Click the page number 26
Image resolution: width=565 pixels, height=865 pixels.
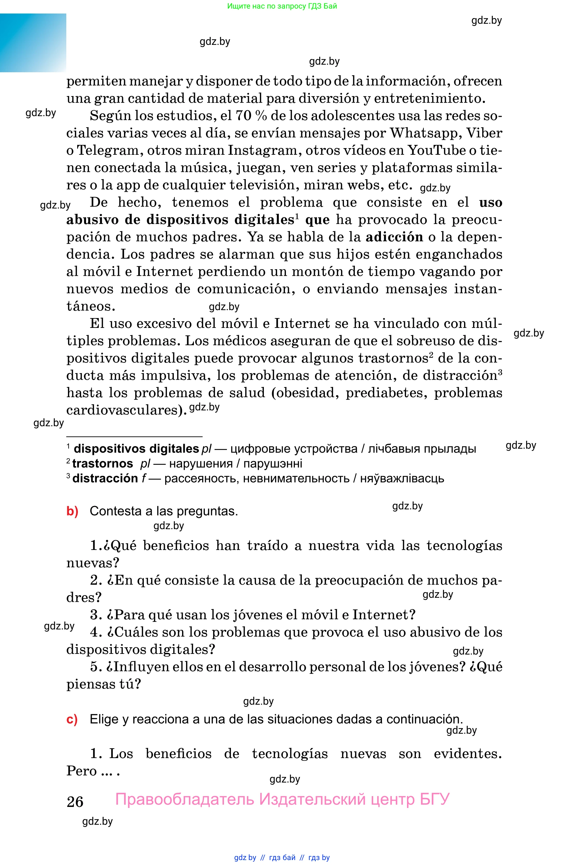[x=75, y=802]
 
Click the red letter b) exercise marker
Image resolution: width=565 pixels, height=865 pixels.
[x=72, y=511]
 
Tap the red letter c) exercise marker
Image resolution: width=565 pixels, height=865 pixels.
[x=72, y=719]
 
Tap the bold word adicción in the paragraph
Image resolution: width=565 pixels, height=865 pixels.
[x=394, y=237]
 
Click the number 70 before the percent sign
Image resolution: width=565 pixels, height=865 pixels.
[x=243, y=115]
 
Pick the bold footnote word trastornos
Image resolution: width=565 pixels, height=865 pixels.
[x=103, y=464]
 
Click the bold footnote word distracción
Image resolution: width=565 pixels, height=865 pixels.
[x=105, y=478]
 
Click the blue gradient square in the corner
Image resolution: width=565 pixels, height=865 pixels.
[x=33, y=43]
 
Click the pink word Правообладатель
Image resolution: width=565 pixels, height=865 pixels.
[x=185, y=799]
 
